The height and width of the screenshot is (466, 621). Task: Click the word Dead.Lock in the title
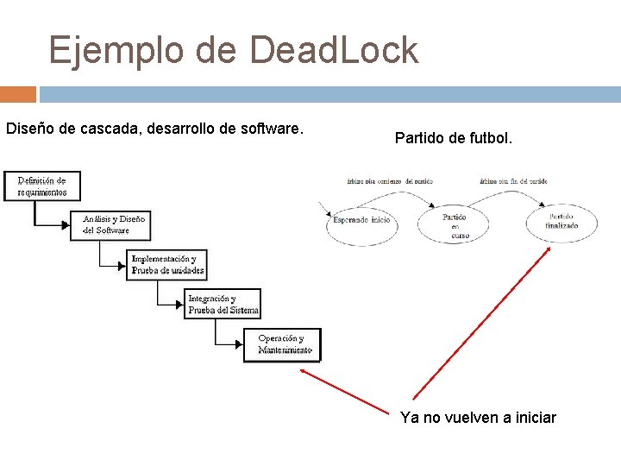click(334, 50)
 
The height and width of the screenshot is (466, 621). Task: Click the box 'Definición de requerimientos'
click(41, 186)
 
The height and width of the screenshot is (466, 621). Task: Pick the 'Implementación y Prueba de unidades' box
click(167, 264)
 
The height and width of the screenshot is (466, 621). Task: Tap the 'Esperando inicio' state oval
click(361, 221)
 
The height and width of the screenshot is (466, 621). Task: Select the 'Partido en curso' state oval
click(455, 223)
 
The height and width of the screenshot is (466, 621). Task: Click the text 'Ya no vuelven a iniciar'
click(478, 418)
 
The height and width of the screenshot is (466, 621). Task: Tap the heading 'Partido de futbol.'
click(453, 137)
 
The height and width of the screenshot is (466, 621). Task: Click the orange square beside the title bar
click(17, 94)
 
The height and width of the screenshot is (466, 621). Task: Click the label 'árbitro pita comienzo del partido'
click(389, 181)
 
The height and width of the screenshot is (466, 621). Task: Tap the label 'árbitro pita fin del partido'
click(514, 181)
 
